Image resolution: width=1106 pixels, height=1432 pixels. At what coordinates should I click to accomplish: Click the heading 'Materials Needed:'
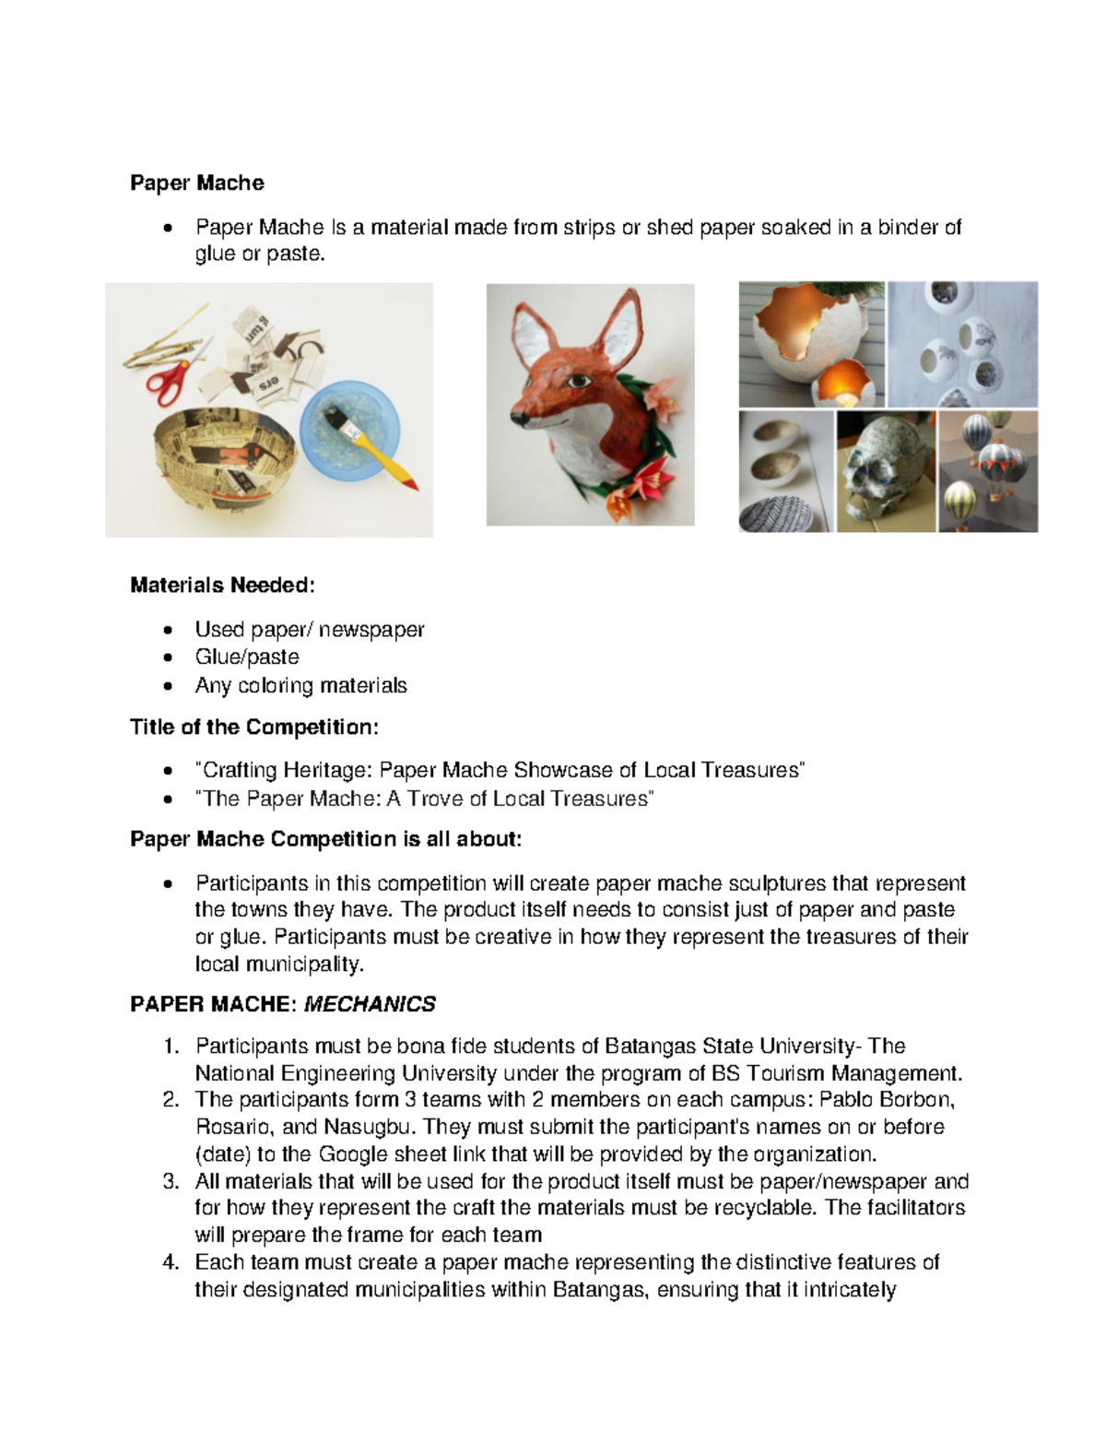point(222,585)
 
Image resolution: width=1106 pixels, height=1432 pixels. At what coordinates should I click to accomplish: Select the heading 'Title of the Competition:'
point(253,728)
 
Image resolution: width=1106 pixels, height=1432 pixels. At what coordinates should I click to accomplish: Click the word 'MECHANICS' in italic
point(370,1004)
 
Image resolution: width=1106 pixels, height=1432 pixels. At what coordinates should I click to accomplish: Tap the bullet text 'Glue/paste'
point(247,657)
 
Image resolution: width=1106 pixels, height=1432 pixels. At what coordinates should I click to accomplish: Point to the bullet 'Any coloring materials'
point(300,686)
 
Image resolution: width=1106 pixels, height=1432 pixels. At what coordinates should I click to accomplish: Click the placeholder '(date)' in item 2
point(222,1154)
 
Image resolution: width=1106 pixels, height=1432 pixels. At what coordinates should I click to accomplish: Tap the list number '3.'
point(170,1182)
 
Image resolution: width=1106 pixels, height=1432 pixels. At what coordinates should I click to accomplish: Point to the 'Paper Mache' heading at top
point(197,183)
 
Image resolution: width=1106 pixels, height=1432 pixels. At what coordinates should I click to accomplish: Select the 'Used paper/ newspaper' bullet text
point(309,630)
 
